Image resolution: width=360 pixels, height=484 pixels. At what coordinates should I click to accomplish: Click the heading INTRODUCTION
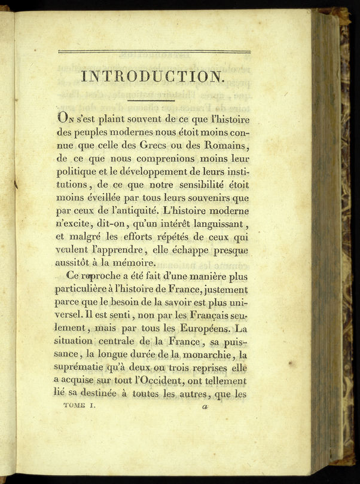152,76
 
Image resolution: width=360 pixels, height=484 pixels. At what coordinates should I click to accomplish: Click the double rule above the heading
154,51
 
